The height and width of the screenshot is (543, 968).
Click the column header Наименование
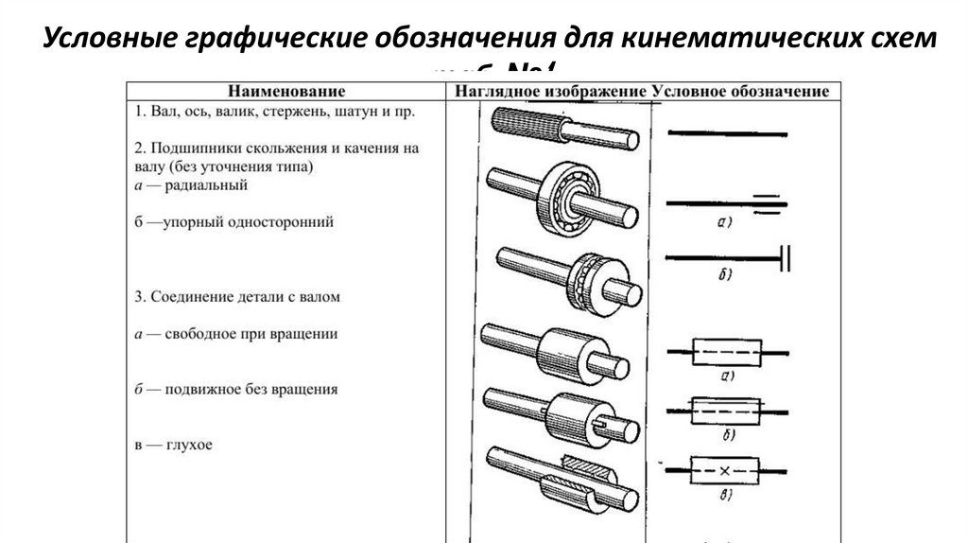pyautogui.click(x=284, y=92)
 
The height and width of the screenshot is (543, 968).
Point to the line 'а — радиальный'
pyautogui.click(x=190, y=185)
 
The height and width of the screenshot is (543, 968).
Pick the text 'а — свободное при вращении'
pyautogui.click(x=236, y=334)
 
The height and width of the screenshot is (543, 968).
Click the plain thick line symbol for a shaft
pyautogui.click(x=727, y=132)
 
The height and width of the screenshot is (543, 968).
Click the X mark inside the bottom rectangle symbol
pyautogui.click(x=726, y=470)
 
